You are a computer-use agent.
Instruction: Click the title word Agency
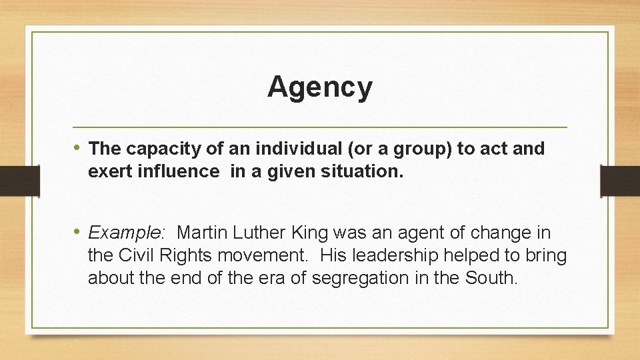[320, 87]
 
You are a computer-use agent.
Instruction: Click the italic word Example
[125, 233]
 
